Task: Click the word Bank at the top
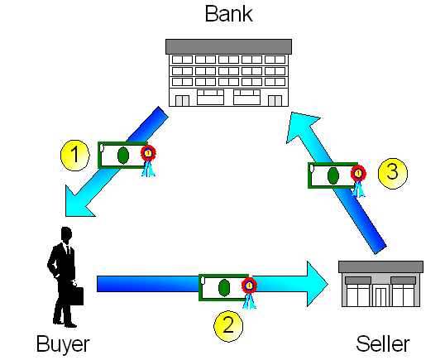pyautogui.click(x=229, y=14)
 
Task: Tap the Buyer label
pyautogui.click(x=63, y=345)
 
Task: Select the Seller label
pyautogui.click(x=383, y=343)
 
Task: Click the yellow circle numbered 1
pyautogui.click(x=75, y=155)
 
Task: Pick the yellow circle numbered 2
pyautogui.click(x=228, y=326)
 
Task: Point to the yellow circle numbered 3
pyautogui.click(x=393, y=173)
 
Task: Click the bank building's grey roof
pyautogui.click(x=228, y=46)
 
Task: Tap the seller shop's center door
pyautogui.click(x=380, y=297)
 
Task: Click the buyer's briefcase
pyautogui.click(x=77, y=295)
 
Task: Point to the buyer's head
pyautogui.click(x=66, y=234)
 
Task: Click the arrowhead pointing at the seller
pyautogui.click(x=318, y=284)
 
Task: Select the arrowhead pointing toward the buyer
pyautogui.click(x=79, y=202)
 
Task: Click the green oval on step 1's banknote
pyautogui.click(x=123, y=156)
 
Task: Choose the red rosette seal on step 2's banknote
pyautogui.click(x=249, y=286)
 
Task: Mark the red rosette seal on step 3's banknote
pyautogui.click(x=358, y=173)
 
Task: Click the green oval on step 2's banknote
pyautogui.click(x=224, y=288)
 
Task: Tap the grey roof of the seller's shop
pyautogui.click(x=380, y=266)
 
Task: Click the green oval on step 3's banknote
pyautogui.click(x=333, y=175)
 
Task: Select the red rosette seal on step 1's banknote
pyautogui.click(x=148, y=153)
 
